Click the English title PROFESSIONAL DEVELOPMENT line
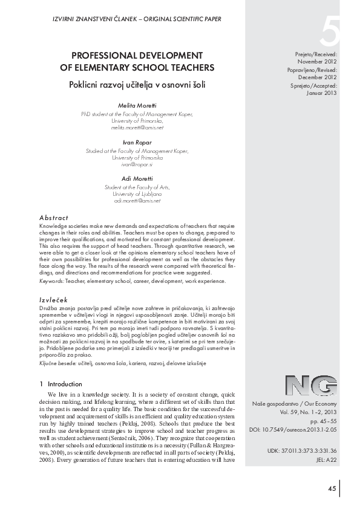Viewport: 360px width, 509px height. (x=138, y=54)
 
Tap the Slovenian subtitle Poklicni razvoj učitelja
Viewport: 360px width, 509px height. (x=138, y=85)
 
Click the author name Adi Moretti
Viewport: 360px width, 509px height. (x=138, y=178)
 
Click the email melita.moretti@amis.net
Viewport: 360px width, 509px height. (x=137, y=128)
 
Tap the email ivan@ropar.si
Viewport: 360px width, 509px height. (x=138, y=164)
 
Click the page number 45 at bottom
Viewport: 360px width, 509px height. (x=332, y=488)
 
